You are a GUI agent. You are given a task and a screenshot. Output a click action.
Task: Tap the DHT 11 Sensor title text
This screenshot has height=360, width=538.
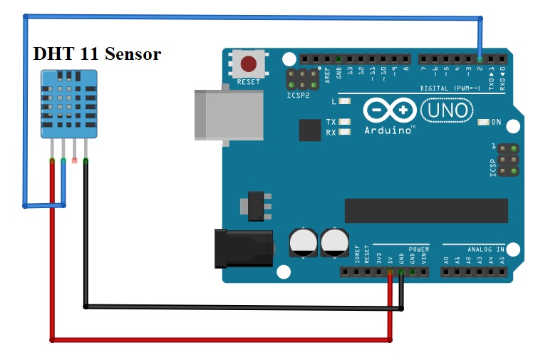pos(97,53)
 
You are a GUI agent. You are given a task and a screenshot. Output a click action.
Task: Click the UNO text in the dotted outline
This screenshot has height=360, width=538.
pos(446,110)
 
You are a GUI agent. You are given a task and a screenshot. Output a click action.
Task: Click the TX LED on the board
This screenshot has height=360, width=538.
pos(346,122)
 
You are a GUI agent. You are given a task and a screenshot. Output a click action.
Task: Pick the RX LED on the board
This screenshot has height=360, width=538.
pos(346,132)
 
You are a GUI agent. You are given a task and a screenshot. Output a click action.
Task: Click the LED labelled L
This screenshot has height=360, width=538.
pos(346,101)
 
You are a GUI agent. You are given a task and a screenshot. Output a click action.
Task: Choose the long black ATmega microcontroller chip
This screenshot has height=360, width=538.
pos(426,210)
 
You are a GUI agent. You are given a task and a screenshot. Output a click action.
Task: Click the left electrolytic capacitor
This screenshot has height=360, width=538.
pos(304,242)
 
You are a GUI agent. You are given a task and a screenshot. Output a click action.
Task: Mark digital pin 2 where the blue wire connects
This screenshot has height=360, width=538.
pos(480,58)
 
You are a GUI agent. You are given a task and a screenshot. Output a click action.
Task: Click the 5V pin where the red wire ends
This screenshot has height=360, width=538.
pos(390,272)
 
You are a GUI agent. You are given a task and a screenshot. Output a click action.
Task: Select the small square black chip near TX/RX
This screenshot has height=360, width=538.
pos(310,130)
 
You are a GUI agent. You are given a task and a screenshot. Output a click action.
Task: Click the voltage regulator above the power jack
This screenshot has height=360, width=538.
pos(257,205)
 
